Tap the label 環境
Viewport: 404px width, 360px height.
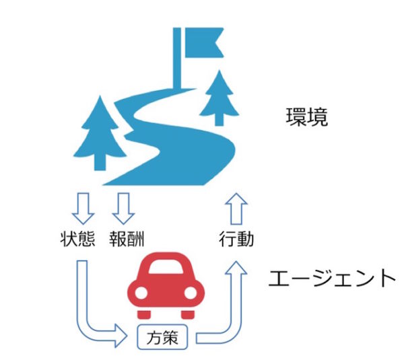tap(306, 118)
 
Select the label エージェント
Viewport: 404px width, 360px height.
tap(329, 277)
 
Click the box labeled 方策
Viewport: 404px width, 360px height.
tap(164, 338)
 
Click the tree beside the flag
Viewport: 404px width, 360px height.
tap(220, 94)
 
